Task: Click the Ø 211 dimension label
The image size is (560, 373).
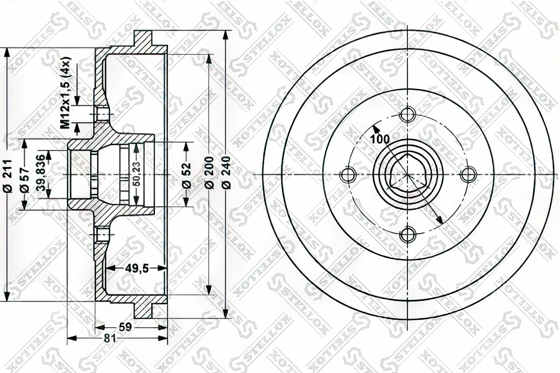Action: click(8, 175)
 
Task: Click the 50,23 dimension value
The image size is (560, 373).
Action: click(137, 174)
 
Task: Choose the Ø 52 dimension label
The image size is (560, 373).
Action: click(187, 175)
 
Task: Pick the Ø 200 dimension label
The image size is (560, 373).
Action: click(210, 172)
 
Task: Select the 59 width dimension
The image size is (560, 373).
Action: click(125, 327)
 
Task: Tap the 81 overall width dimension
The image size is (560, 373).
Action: click(109, 339)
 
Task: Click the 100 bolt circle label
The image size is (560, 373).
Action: click(380, 139)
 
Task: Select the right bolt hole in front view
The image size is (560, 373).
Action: click(468, 175)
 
